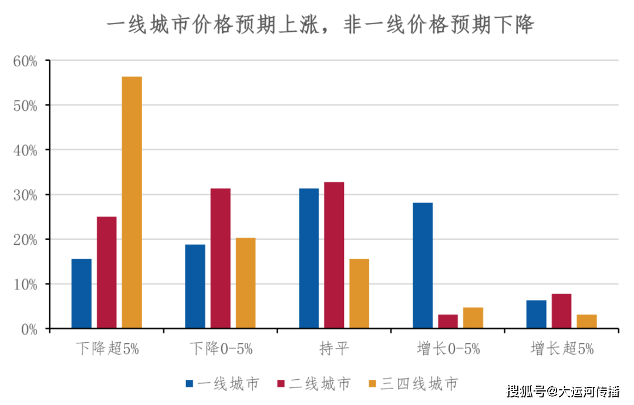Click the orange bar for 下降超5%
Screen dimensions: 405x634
131,202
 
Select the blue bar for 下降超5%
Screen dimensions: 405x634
82,293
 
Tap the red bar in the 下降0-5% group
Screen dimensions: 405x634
221,258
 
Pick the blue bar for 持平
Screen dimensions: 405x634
309,258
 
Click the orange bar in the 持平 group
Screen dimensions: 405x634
359,293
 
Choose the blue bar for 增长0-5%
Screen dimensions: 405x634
423,265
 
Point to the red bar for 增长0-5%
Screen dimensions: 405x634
448,321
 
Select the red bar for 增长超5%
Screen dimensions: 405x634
562,310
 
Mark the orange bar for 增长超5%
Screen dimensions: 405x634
587,321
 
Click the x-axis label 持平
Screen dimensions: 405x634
334,349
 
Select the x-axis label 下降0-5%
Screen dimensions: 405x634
221,349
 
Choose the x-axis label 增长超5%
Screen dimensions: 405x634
562,349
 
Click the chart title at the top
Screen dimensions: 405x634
320,25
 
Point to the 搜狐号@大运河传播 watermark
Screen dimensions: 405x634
563,391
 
